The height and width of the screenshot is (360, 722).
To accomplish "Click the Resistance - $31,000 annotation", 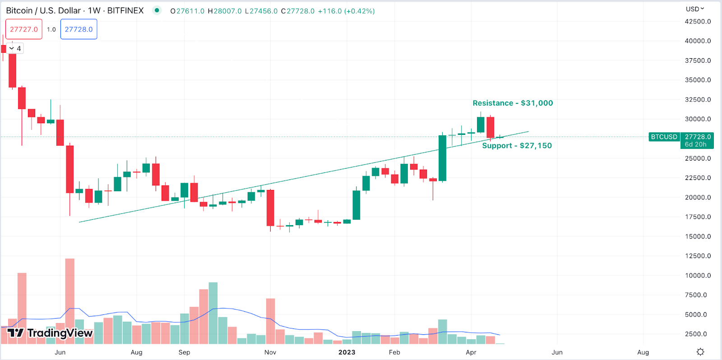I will (x=513, y=103).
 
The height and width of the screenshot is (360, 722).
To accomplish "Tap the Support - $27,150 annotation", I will (x=517, y=146).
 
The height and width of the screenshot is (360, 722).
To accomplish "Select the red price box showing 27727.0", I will (x=24, y=29).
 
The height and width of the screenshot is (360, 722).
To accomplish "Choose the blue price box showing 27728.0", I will (x=79, y=29).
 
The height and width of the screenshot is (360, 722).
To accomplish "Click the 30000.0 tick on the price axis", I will (x=698, y=119).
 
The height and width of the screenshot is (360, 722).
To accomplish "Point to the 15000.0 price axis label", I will (x=698, y=236).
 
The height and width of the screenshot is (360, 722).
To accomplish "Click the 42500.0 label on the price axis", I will (x=698, y=22).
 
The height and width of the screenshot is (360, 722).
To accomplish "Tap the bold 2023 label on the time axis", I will (x=347, y=352).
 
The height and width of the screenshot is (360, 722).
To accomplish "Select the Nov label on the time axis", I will (x=270, y=352).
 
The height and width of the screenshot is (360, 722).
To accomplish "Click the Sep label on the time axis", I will (x=184, y=352).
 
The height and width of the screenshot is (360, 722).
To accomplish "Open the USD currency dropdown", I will (x=695, y=9).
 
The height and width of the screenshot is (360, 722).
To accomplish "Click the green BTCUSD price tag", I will (x=664, y=137).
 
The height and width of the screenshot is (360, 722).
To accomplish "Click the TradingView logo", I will (x=50, y=333).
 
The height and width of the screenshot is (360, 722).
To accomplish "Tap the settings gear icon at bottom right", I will (x=700, y=352).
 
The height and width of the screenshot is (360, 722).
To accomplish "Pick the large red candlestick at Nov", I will (x=270, y=208).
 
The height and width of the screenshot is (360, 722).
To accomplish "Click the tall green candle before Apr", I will (x=442, y=158).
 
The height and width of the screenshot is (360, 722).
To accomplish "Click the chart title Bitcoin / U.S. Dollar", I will (x=43, y=10).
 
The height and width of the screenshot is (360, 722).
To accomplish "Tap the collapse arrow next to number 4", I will (x=11, y=48).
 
